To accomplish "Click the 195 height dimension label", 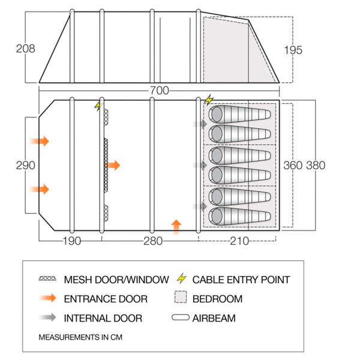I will tap(293, 50).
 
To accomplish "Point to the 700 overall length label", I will tap(159, 91).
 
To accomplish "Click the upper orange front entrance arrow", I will tap(41, 142).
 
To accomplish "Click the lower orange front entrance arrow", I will tap(41, 189).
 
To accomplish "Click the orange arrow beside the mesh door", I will tap(113, 165).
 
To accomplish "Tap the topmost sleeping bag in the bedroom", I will tap(238, 114).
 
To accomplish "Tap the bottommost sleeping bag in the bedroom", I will tap(238, 216).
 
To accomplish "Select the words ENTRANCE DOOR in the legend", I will tap(105, 298).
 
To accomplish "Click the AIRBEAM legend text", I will tap(214, 317).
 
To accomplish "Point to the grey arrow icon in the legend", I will tap(51, 318).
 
